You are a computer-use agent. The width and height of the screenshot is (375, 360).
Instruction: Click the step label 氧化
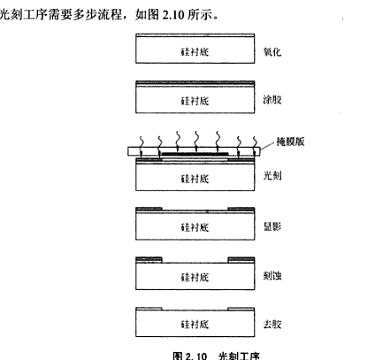click(x=272, y=52)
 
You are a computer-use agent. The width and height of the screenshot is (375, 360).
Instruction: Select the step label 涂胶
click(x=272, y=100)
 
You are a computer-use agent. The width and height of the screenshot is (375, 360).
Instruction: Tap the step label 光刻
click(x=272, y=176)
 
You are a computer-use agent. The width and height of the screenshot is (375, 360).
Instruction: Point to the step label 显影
click(x=272, y=226)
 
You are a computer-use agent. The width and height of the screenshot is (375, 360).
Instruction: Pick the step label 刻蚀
click(x=272, y=276)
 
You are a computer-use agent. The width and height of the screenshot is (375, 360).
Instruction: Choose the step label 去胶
click(x=272, y=324)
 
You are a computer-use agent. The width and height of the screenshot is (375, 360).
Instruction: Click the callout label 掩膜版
click(x=290, y=142)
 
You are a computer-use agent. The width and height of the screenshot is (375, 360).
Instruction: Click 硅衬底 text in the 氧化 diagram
click(x=195, y=52)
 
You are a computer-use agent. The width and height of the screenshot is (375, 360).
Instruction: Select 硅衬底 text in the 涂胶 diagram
click(x=195, y=101)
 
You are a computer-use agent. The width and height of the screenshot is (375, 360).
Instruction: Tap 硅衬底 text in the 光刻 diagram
click(x=195, y=179)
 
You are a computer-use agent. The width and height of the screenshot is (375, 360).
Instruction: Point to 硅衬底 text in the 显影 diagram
click(x=195, y=227)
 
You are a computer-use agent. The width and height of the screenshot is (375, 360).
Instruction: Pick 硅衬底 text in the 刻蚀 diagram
click(x=195, y=277)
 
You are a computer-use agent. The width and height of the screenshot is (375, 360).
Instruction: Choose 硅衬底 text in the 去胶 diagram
click(x=195, y=325)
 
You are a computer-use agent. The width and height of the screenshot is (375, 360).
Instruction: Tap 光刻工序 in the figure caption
click(x=239, y=356)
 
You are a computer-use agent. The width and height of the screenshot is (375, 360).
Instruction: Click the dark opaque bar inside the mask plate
click(x=195, y=154)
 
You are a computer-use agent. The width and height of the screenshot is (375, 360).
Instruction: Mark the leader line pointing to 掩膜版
click(x=267, y=145)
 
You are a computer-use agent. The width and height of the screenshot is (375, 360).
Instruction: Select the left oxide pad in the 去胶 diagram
click(x=149, y=309)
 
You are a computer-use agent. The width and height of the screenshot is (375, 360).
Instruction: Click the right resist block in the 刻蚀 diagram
click(x=241, y=260)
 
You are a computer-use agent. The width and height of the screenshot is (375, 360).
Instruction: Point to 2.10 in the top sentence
click(x=173, y=14)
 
